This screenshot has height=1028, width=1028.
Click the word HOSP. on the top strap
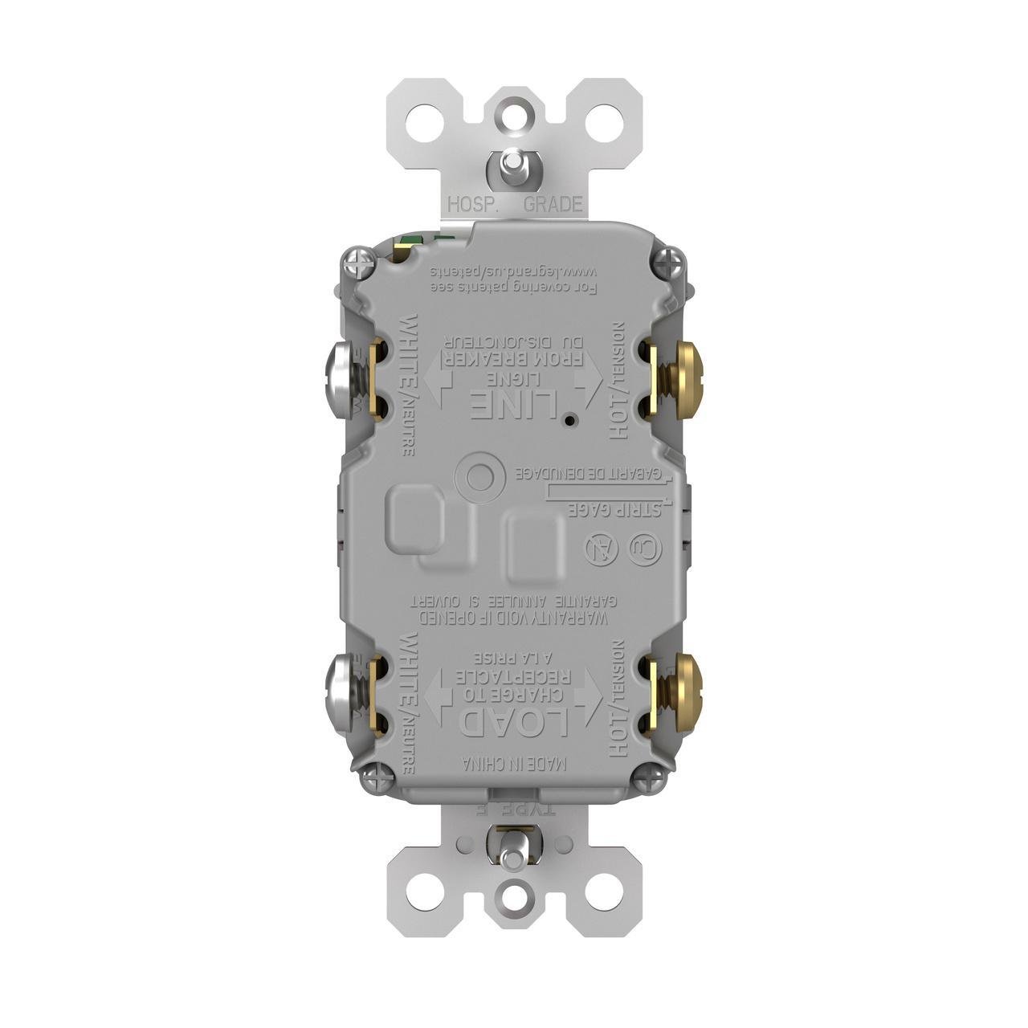(x=474, y=204)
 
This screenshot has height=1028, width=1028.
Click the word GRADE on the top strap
(x=553, y=204)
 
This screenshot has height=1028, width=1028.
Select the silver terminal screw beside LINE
(x=339, y=381)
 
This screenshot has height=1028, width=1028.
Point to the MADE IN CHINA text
(x=514, y=764)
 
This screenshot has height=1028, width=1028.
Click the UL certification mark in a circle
(x=646, y=550)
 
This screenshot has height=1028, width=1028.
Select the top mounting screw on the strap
(x=509, y=165)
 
